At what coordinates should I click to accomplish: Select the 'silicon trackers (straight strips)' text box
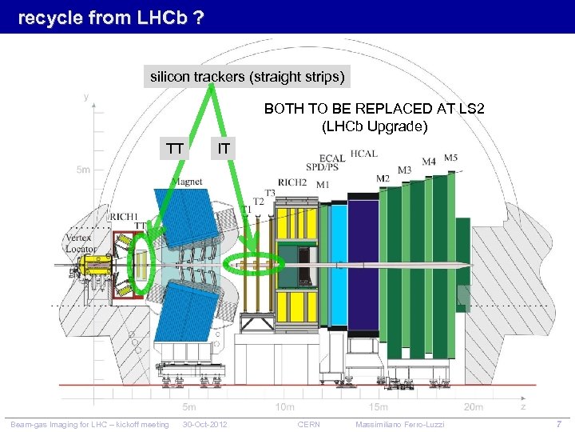[x=248, y=77]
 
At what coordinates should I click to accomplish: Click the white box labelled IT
[x=224, y=147]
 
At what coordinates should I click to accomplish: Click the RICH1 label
[x=124, y=216]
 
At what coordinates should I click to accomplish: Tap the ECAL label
[x=333, y=158]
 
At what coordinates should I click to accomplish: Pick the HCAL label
[x=364, y=153]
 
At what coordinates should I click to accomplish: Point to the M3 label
[x=404, y=170]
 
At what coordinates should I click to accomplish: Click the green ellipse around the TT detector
[x=142, y=263]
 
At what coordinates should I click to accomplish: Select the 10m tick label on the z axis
[x=284, y=406]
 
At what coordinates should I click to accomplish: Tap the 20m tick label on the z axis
[x=473, y=406]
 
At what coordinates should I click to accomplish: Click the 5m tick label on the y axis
[x=83, y=170]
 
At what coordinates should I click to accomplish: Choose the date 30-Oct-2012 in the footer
[x=205, y=424]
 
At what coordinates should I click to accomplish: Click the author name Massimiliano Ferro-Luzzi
[x=399, y=424]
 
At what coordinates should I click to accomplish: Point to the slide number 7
[x=559, y=423]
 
